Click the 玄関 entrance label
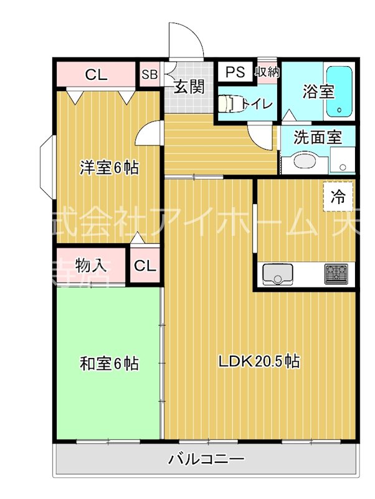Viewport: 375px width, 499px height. point(189,87)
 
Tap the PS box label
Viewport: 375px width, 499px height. point(235,72)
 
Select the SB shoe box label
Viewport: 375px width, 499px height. point(149,75)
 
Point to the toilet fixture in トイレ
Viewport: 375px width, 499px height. point(231,103)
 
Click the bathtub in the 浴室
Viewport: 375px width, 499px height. point(339,92)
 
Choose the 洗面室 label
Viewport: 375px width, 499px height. point(317,137)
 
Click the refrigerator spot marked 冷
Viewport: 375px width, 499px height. point(338,198)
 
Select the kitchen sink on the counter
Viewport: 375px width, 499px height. point(278,274)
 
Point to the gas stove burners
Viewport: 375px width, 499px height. point(337,274)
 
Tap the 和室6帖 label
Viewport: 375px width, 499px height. point(108,362)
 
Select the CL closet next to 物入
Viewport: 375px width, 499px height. point(145,265)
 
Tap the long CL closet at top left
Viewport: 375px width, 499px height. point(96,75)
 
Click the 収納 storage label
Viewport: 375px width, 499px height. point(267,72)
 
